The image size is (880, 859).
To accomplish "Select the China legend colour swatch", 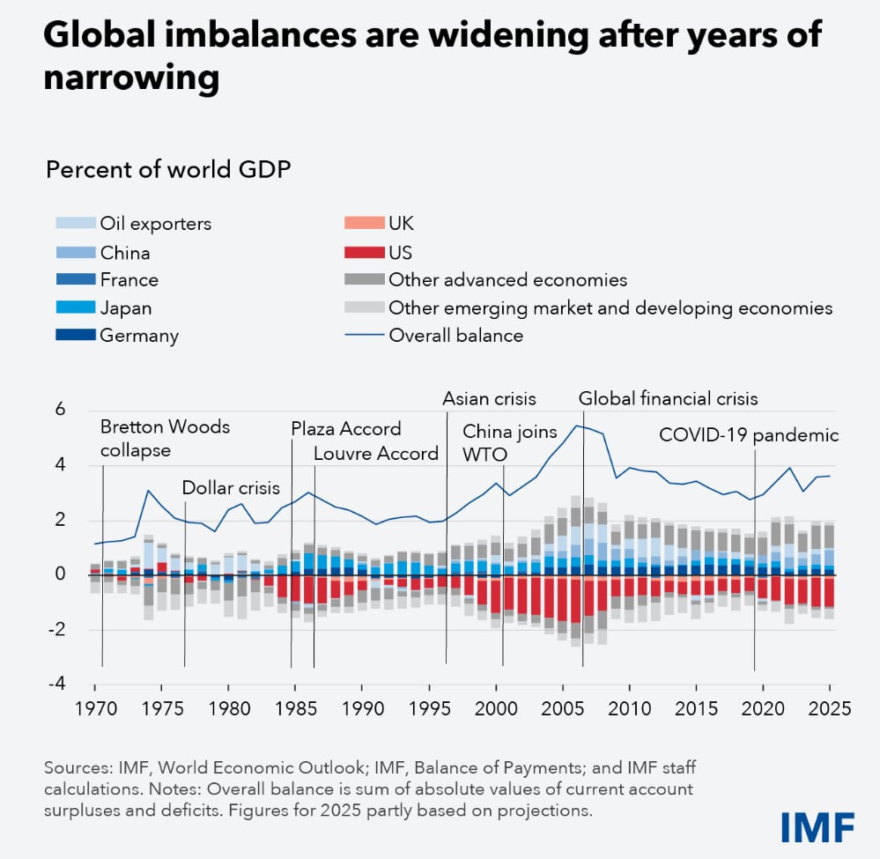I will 75,253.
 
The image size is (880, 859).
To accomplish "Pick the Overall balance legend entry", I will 455,335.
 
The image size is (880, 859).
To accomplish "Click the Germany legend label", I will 139,335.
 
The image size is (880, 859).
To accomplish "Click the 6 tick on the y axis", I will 61,409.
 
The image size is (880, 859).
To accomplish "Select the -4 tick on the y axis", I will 56,683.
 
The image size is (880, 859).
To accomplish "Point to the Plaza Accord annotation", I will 346,429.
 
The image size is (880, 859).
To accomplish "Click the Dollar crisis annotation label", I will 231,488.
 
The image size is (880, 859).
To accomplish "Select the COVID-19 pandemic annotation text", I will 749,435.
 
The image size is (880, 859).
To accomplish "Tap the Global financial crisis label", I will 668,398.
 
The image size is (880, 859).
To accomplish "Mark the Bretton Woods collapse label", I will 165,438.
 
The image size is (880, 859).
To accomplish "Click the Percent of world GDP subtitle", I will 168,168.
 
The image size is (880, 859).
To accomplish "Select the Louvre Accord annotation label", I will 376,454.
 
